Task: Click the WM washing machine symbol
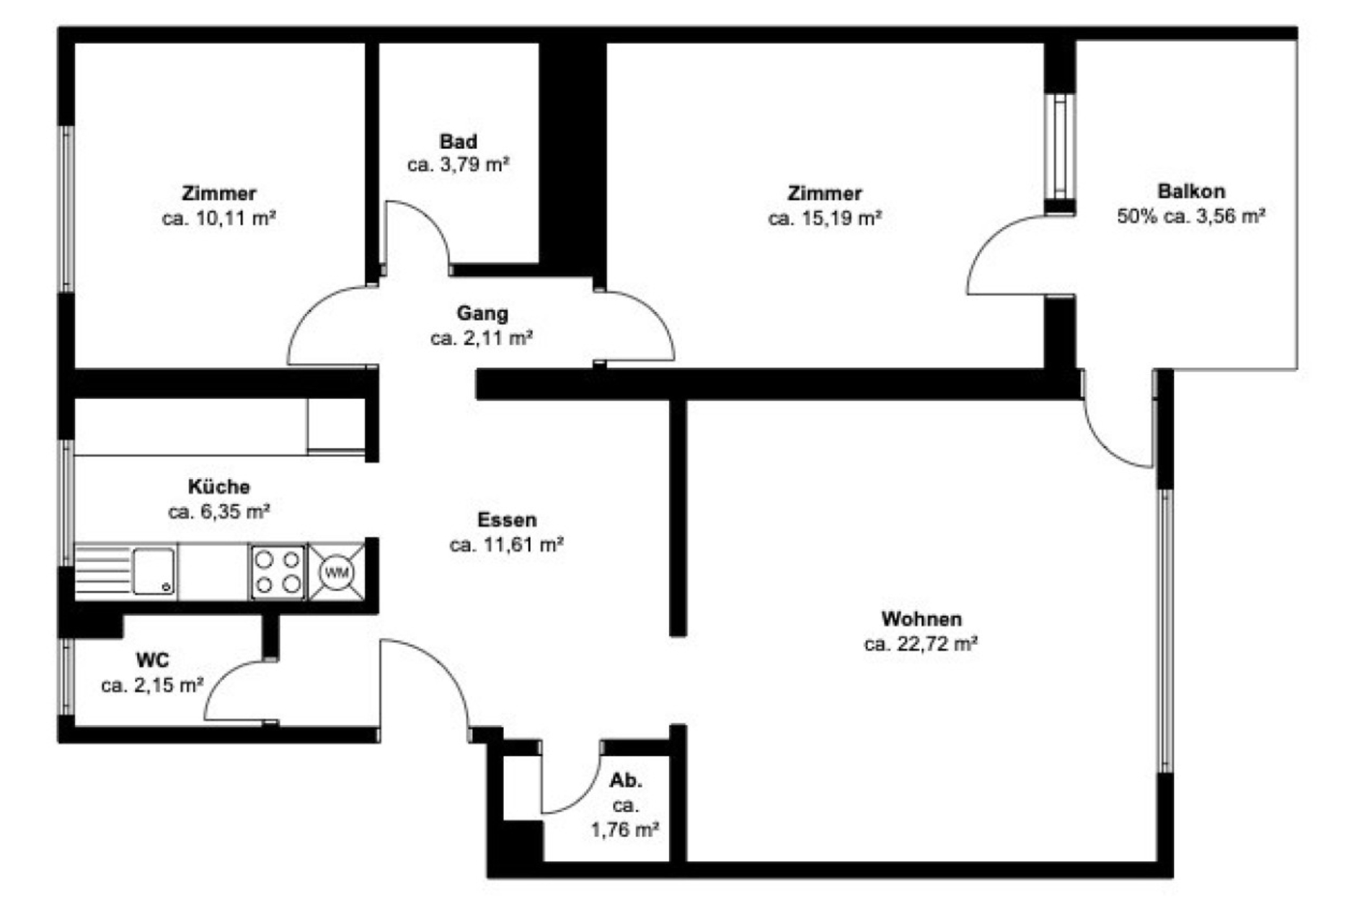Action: [x=337, y=573]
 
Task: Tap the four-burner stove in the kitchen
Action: [x=278, y=572]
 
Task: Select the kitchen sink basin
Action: [x=154, y=571]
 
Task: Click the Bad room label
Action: [x=459, y=141]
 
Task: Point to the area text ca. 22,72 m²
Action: [x=921, y=643]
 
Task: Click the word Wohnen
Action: [x=921, y=619]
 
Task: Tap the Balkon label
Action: [x=1191, y=192]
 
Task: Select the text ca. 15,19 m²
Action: [x=825, y=218]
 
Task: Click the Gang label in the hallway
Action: [x=482, y=314]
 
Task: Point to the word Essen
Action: [x=507, y=520]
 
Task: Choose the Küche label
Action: [x=218, y=487]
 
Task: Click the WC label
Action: [x=153, y=660]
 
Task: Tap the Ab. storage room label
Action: [x=625, y=780]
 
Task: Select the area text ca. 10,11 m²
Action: [x=219, y=218]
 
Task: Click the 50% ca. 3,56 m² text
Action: [x=1191, y=216]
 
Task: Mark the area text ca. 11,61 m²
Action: [x=506, y=545]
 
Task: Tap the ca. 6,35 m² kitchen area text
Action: [x=218, y=512]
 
